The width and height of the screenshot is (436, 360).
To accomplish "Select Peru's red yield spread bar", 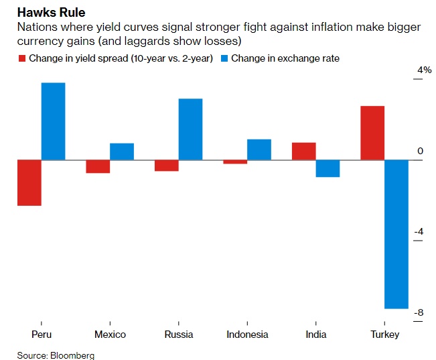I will pos(29,182).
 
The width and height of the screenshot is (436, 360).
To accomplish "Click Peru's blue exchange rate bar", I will pos(54,121).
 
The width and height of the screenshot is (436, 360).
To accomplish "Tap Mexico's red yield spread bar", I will pos(98,166).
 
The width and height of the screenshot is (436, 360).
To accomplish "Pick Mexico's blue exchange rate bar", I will pos(122,152).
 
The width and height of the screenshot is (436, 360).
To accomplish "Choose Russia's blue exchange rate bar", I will pos(190,129).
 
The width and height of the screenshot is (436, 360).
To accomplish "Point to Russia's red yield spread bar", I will pos(166,166).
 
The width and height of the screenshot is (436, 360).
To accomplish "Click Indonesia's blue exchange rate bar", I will pos(259,149).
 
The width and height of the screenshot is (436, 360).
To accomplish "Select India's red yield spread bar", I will pos(303,152).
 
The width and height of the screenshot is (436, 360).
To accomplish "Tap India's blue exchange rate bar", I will pos(328,168).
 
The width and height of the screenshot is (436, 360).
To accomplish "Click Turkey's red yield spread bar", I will pos(372,133).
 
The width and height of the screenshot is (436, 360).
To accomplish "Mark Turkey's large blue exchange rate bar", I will pos(396,234).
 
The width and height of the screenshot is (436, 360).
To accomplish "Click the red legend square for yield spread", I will pos(21,59).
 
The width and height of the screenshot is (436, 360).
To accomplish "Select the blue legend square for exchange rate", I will pos(224,59).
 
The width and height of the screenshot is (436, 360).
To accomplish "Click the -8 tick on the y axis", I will pos(420,312).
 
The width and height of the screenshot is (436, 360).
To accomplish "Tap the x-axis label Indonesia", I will pos(247,335).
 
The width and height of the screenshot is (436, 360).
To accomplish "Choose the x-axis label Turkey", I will pos(384,335).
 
